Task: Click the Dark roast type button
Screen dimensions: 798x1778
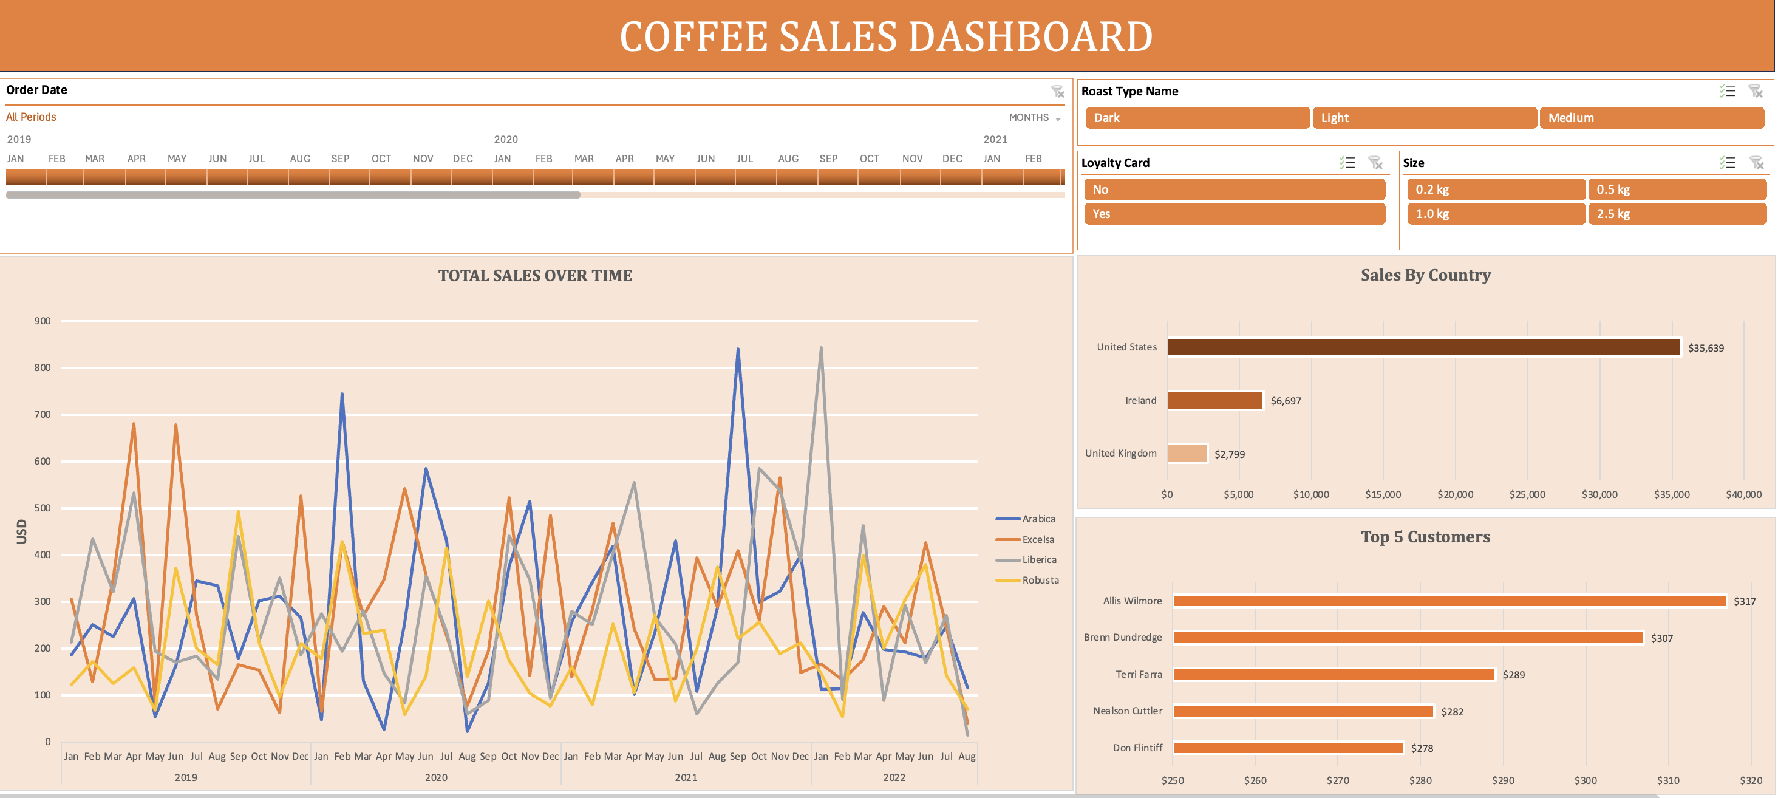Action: [1196, 118]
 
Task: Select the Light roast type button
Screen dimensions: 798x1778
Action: [1424, 118]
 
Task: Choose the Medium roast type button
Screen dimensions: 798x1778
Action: [1651, 118]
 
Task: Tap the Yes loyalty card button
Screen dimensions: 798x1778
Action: [1234, 214]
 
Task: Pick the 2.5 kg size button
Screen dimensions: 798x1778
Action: [1677, 214]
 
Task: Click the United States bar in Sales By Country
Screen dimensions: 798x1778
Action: [1423, 347]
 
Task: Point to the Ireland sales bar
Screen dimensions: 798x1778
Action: [1214, 400]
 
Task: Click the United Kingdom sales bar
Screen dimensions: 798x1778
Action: [1187, 454]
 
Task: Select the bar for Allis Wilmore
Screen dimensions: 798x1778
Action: [1449, 601]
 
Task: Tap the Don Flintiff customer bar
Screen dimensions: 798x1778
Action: [1287, 748]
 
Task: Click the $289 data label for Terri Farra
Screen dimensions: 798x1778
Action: [1514, 675]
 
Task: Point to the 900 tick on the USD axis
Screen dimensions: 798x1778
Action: [42, 321]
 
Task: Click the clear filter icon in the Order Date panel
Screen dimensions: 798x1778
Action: [1057, 92]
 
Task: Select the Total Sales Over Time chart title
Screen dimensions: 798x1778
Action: [535, 276]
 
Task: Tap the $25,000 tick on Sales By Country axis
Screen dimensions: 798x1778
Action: [1527, 495]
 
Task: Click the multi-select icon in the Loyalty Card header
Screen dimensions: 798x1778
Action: [1347, 163]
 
